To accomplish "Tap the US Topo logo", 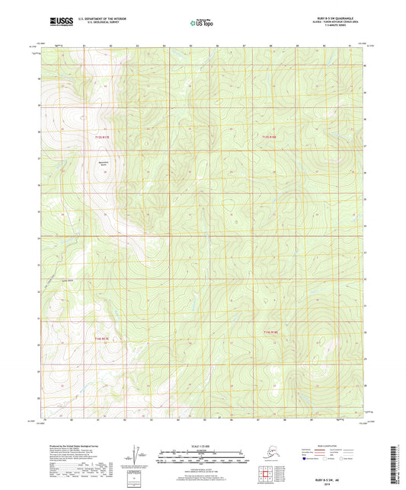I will [202, 24].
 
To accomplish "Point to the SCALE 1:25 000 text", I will [203, 445].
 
